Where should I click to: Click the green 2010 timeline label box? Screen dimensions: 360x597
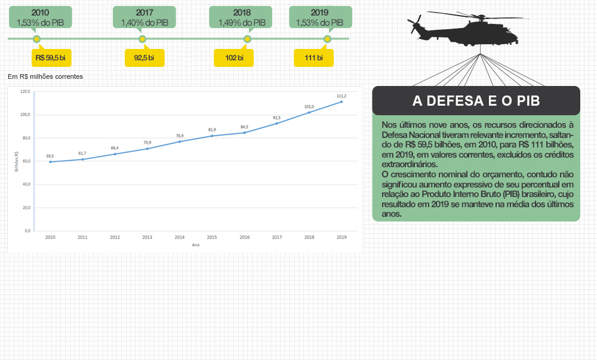point(41,17)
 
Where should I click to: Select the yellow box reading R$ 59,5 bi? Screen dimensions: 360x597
point(51,58)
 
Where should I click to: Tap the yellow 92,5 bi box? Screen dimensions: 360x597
point(144,58)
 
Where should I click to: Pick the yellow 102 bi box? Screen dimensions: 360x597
point(233,58)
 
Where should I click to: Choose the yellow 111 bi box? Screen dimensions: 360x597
point(313,58)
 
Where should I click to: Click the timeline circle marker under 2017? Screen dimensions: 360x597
point(142,39)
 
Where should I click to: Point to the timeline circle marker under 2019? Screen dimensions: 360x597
point(327,39)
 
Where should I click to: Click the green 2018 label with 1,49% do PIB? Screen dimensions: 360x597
point(241,17)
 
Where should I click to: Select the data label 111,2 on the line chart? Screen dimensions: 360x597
point(341,96)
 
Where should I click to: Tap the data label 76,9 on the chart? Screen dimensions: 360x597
point(180,136)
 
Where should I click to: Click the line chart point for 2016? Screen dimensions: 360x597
point(244,133)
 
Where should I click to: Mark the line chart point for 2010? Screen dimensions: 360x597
point(50,162)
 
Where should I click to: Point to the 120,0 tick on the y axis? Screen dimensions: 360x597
point(25,92)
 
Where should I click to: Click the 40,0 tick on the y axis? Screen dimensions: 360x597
point(25,184)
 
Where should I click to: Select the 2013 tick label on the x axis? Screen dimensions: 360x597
point(147,237)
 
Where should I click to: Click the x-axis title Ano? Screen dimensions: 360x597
point(195,245)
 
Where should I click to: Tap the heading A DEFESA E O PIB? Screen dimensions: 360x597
point(476,101)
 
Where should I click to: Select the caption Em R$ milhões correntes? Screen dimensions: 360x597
point(45,76)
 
